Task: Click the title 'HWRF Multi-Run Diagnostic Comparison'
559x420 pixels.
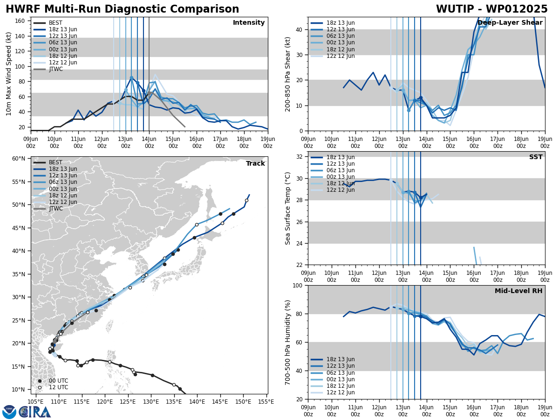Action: click(122, 9)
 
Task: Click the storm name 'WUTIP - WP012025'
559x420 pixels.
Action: click(491, 9)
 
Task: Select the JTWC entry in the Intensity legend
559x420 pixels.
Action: click(55, 69)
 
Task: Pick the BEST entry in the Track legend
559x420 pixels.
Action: click(55, 162)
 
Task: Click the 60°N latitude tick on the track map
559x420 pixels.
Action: click(19, 159)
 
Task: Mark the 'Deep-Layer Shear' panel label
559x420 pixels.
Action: click(510, 23)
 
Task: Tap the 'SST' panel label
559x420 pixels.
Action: click(535, 157)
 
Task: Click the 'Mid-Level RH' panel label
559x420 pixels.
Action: click(518, 291)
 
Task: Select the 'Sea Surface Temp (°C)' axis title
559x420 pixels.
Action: click(288, 208)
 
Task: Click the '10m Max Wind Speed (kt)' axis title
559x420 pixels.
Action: click(8, 74)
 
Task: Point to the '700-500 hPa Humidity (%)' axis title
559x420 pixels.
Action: click(288, 342)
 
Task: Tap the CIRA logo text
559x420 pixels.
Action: click(35, 412)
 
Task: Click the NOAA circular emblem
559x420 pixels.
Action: click(9, 412)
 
